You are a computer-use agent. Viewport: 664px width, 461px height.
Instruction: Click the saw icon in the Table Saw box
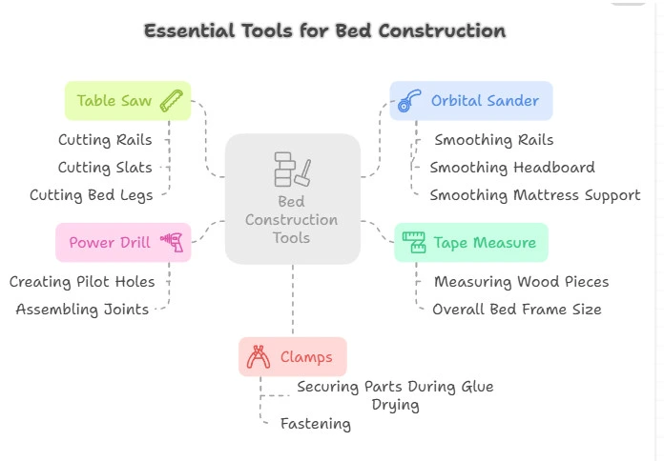coord(172,101)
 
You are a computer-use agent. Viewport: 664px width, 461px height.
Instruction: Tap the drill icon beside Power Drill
coord(172,242)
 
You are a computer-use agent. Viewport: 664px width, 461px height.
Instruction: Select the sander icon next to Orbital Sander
coord(409,101)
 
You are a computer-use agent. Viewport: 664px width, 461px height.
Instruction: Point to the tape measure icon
coord(414,242)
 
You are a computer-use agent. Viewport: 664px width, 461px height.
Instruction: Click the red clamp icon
coord(259,356)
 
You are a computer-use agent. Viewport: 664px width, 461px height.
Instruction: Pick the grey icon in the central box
coord(293,170)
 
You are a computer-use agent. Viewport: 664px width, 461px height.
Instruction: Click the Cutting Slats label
coord(105,168)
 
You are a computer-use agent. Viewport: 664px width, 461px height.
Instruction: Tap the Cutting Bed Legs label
coord(91,195)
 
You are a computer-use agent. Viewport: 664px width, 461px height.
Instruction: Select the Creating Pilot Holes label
coord(82,282)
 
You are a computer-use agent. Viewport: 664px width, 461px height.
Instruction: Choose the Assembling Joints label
coord(82,310)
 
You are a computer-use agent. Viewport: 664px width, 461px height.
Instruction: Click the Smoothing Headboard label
coord(512,168)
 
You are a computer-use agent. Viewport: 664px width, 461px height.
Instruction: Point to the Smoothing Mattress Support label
coord(535,195)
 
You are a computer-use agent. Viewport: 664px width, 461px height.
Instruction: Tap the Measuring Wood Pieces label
coord(522,282)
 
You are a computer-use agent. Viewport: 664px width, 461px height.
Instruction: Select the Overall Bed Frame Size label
coord(517,310)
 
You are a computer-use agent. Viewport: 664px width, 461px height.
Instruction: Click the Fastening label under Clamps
coord(316,424)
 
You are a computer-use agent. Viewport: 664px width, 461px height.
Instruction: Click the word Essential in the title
coord(189,30)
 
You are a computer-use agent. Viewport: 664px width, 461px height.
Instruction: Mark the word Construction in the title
coord(442,30)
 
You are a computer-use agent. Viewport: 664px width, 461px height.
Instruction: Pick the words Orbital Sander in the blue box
coord(485,101)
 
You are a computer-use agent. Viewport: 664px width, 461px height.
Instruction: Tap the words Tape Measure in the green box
coord(485,243)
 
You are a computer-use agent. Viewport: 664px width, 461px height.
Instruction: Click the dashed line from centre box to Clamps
coord(293,299)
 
